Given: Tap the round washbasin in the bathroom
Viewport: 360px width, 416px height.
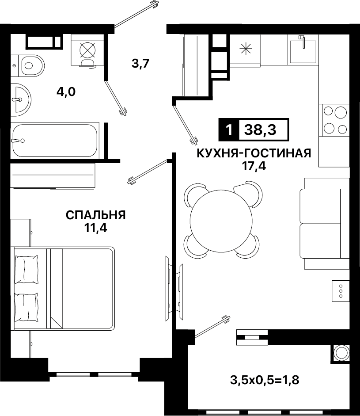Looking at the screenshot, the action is (21, 100).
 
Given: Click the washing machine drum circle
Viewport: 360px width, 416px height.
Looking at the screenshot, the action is (87, 50).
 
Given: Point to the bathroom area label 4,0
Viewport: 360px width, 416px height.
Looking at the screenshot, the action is (66, 92).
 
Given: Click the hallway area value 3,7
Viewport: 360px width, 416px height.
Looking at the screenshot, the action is (141, 64).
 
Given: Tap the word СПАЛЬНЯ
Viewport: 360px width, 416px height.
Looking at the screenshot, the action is (96, 215).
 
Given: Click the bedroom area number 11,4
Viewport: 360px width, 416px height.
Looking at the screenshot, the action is (96, 228).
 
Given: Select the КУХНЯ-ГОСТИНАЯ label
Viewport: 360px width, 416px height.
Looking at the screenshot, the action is (254, 153).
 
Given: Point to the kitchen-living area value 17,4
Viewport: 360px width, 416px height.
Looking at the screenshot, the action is (254, 166).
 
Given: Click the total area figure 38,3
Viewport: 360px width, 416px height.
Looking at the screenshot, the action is (260, 130).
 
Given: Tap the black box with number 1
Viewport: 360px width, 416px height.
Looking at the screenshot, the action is (229, 130).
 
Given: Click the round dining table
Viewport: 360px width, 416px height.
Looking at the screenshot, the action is (222, 220).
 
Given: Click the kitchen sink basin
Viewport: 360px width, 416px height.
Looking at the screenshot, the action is (303, 52).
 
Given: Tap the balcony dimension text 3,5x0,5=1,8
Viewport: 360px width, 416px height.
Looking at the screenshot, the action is (265, 380).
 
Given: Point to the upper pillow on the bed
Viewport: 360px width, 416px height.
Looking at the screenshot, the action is (26, 269).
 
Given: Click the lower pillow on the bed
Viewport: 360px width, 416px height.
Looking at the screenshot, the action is (26, 307).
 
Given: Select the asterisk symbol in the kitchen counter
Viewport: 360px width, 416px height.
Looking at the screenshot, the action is (246, 49).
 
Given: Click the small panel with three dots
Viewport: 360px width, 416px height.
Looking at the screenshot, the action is (341, 291).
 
